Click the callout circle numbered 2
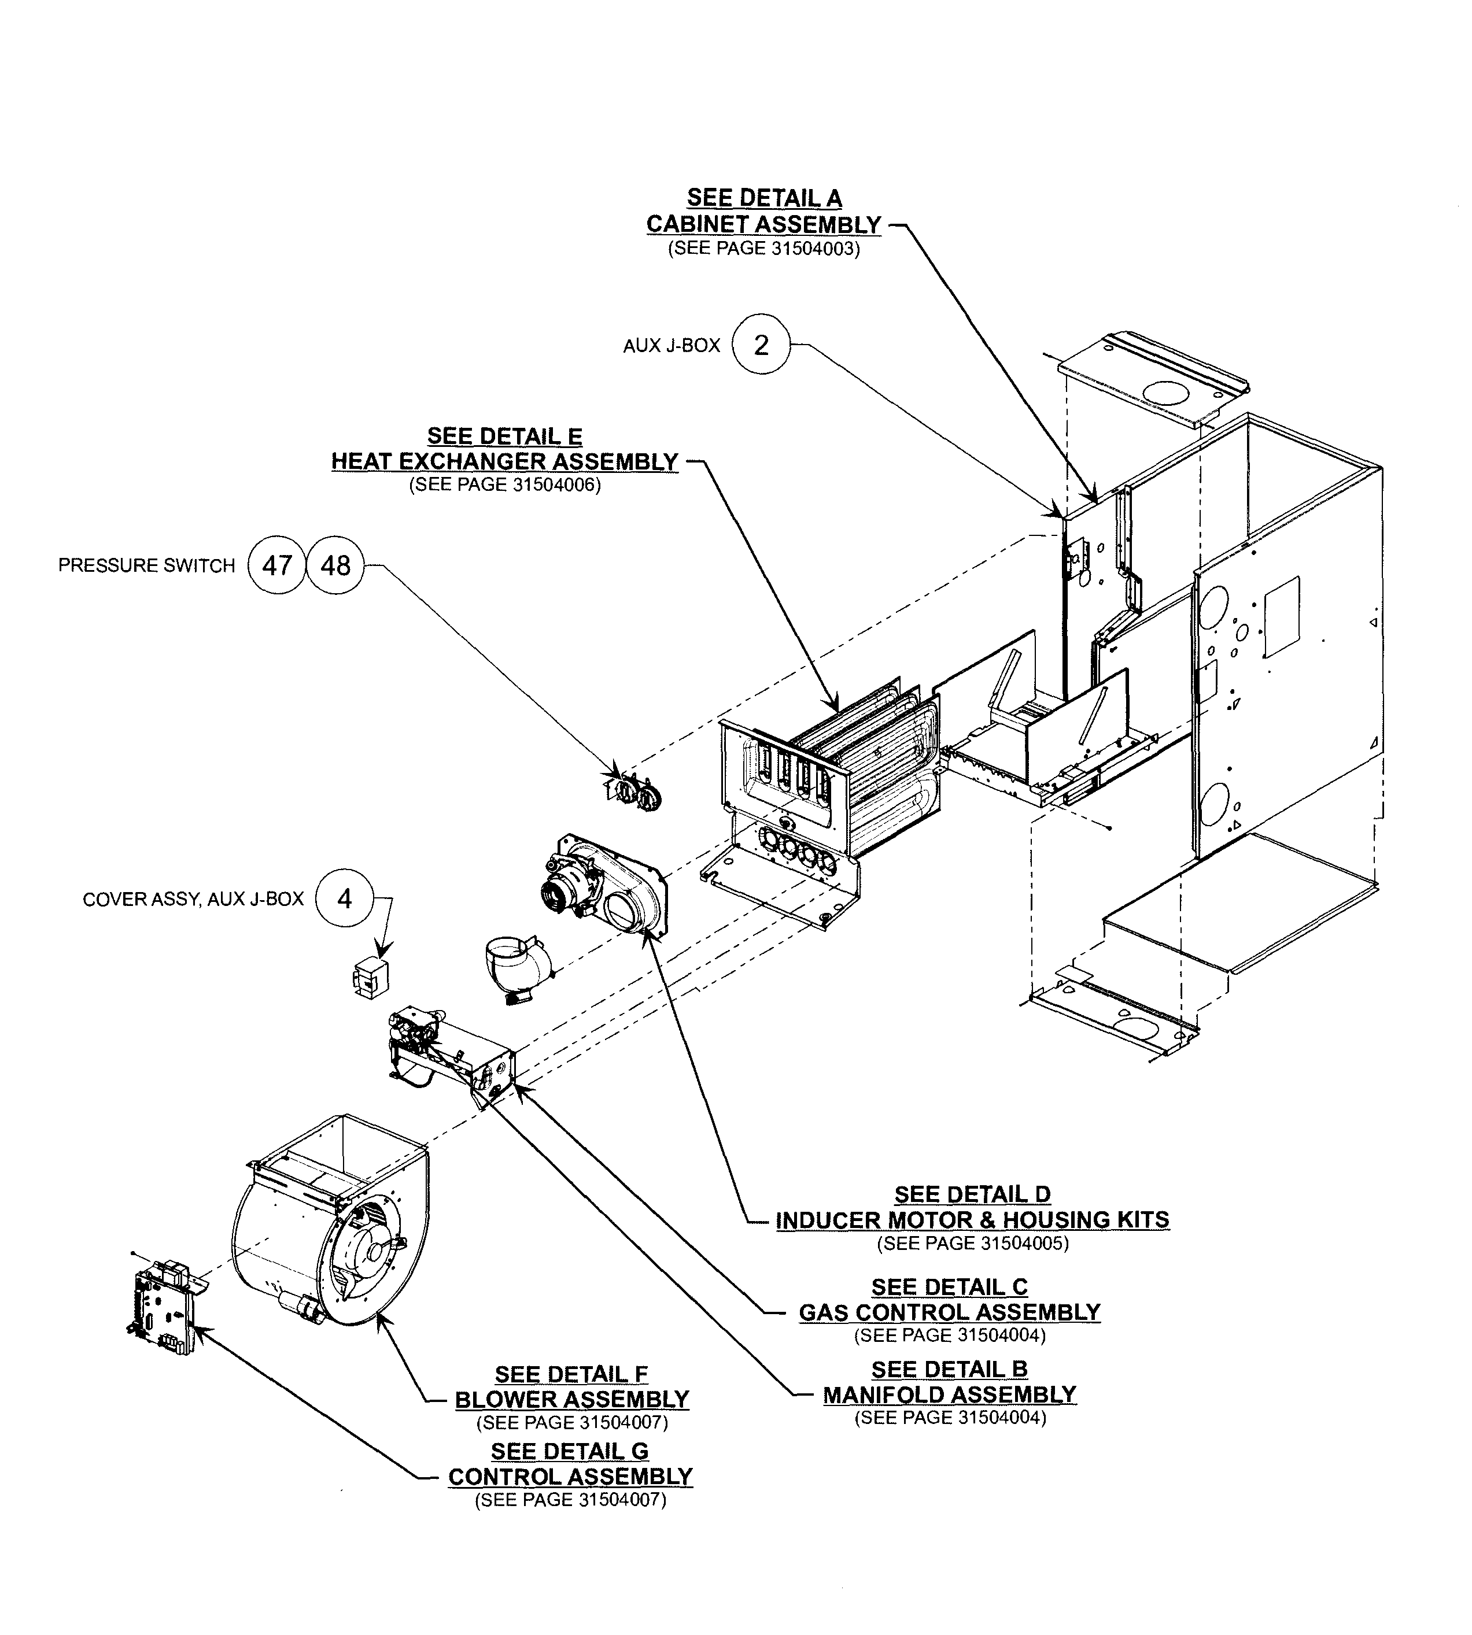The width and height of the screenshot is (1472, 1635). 760,345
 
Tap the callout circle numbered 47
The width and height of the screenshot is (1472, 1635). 276,565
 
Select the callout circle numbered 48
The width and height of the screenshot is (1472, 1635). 335,565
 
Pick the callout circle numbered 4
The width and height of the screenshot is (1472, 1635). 345,899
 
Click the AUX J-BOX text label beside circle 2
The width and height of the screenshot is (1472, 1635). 672,346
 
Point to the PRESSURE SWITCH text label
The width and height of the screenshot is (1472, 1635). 146,566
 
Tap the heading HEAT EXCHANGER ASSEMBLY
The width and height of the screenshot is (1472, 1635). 505,462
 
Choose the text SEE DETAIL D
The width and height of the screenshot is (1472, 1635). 972,1194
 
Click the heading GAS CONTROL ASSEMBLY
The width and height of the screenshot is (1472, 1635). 950,1312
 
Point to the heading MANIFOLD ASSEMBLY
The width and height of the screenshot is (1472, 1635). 950,1395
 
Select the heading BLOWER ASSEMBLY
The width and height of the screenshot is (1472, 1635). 572,1400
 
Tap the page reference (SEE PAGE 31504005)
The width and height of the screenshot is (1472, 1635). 972,1244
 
